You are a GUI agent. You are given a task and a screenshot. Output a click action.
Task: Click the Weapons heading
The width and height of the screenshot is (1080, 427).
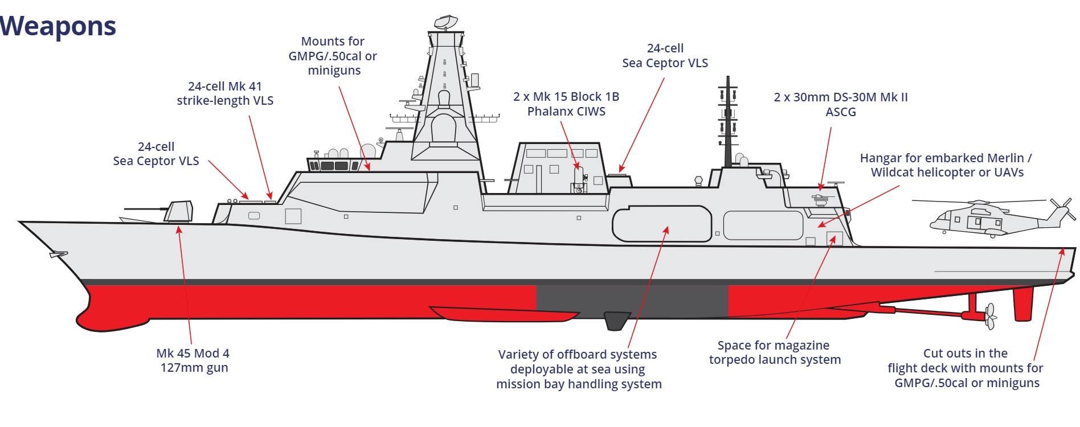point(58,26)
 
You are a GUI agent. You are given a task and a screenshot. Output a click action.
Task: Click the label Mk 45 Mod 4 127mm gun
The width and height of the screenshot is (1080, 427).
point(193,360)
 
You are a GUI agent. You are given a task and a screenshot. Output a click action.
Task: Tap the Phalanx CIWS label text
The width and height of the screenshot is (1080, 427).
point(566,104)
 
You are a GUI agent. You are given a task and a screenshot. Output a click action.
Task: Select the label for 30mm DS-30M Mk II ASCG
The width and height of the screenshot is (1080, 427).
point(840,104)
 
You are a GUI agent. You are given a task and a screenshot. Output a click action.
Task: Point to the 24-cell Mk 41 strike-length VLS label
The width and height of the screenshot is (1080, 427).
point(225,93)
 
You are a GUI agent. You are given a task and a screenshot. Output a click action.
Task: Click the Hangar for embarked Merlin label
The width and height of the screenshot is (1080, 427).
point(946,165)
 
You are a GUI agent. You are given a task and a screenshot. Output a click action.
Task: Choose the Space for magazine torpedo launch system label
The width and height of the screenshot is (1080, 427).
point(774,352)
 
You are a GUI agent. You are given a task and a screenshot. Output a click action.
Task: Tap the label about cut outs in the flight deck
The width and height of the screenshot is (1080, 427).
point(966,368)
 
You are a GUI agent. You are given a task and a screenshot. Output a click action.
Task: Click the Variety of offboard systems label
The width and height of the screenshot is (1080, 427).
point(578,369)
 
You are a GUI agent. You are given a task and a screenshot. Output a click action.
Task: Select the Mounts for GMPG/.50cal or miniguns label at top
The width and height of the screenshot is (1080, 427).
point(333,56)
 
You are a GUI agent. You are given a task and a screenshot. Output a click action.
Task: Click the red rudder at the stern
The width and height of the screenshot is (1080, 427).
point(1023,304)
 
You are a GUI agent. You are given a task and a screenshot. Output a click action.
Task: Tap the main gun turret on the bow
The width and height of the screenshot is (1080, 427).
point(179,212)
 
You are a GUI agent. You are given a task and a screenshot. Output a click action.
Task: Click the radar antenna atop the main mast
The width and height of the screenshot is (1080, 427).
point(445,22)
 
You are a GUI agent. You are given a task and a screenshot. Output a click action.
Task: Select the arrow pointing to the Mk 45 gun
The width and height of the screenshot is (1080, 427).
point(185,285)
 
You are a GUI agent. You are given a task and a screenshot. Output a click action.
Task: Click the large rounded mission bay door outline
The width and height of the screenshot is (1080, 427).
point(661,224)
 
